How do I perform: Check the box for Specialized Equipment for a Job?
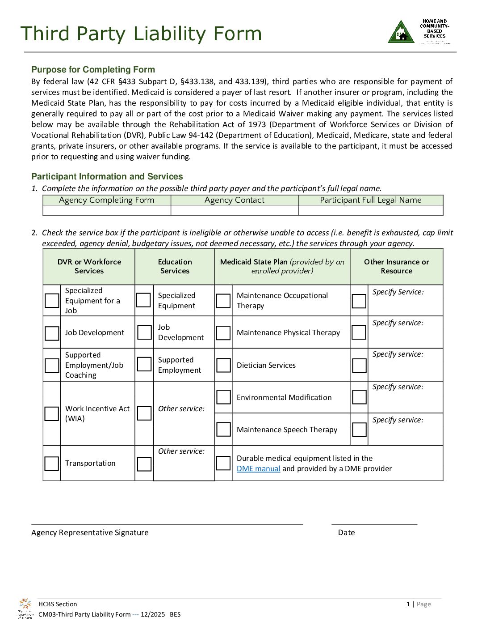tap(52, 301)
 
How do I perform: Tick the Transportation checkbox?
tap(52, 464)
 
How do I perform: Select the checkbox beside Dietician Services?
tap(223, 365)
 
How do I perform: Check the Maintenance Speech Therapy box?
tap(223, 430)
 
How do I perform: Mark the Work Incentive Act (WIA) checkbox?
tap(52, 413)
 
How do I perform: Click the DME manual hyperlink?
tap(258, 468)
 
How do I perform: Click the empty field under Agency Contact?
tap(235, 210)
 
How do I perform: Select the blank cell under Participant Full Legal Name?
tap(371, 210)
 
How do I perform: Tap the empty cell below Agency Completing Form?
tap(107, 210)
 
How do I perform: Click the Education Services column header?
tap(175, 266)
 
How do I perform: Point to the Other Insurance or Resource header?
tap(396, 266)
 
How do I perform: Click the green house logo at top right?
tap(401, 32)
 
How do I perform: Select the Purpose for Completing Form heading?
tap(93, 69)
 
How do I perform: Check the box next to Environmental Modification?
tap(223, 397)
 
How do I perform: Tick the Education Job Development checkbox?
tap(144, 332)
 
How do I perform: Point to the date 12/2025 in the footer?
tap(153, 614)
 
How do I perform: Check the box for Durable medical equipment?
tap(223, 463)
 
